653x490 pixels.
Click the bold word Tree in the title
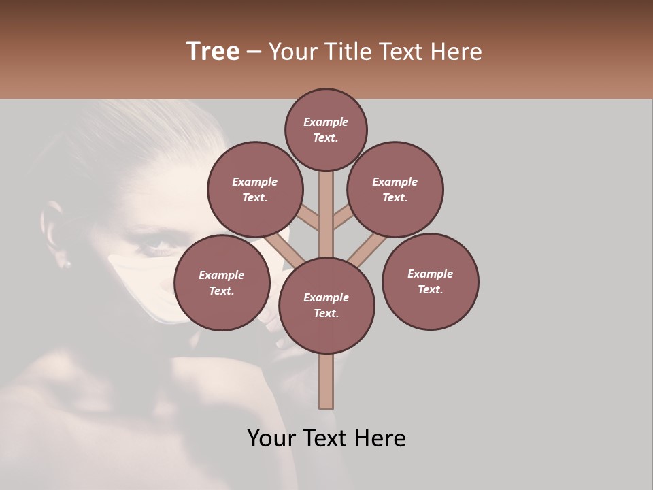pos(213,52)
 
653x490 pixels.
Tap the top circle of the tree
pos(326,129)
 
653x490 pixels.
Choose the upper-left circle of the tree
pos(254,189)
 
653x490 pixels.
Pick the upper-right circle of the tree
pos(395,189)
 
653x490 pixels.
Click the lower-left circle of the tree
pos(222,282)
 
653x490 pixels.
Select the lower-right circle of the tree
pos(430,281)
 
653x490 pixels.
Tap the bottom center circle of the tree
pos(326,306)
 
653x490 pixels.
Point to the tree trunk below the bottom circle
pos(326,380)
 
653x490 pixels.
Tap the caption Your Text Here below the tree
pos(326,438)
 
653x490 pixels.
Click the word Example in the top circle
pos(326,122)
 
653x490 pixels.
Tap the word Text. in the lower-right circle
pos(430,289)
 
